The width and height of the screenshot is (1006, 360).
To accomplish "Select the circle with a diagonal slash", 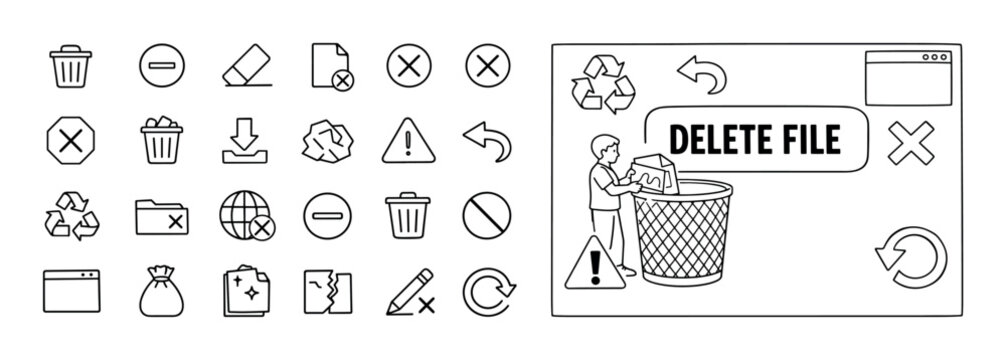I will pos(487,213).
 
